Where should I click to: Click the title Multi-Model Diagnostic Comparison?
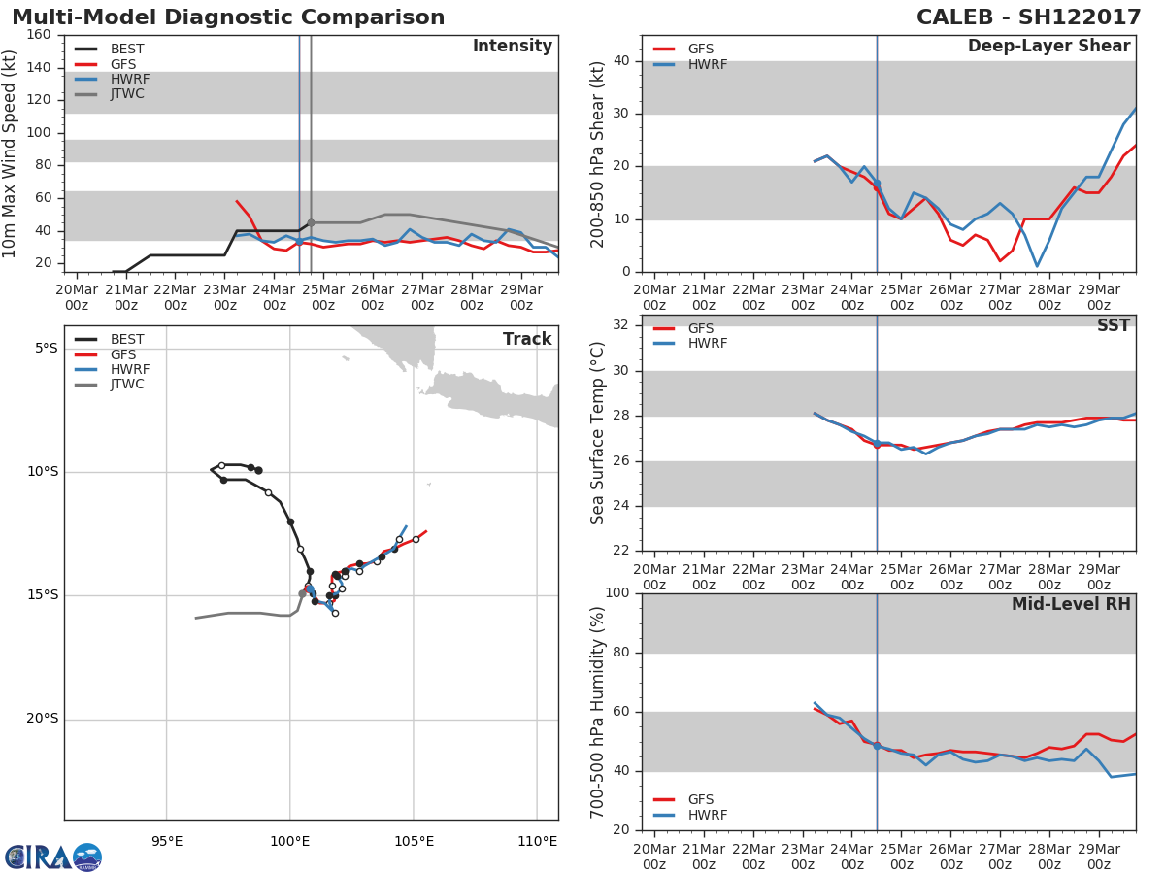coord(228,17)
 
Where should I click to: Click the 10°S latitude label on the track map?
coord(43,472)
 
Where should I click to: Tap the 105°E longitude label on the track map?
coord(414,841)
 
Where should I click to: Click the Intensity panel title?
coord(512,47)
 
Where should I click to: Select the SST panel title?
coord(1113,326)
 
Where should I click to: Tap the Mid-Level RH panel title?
coord(1071,604)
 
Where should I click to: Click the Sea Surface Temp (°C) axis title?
coord(599,433)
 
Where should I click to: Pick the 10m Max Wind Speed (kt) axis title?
coord(11,153)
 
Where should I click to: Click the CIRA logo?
coord(53,857)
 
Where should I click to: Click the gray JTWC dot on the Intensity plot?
coord(311,222)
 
